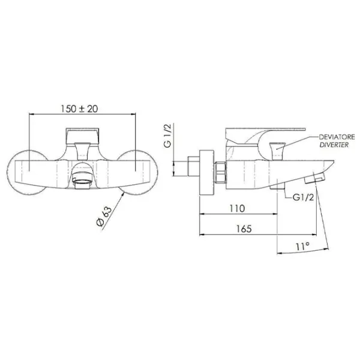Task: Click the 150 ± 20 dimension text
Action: (x=79, y=109)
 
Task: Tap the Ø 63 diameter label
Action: (x=104, y=216)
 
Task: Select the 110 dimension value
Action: (x=237, y=208)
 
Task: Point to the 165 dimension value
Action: (x=244, y=229)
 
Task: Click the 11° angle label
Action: (x=302, y=247)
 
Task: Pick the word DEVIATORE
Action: (x=337, y=137)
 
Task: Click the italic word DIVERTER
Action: (x=334, y=145)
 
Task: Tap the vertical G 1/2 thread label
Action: (x=167, y=136)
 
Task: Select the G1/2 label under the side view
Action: (x=303, y=197)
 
